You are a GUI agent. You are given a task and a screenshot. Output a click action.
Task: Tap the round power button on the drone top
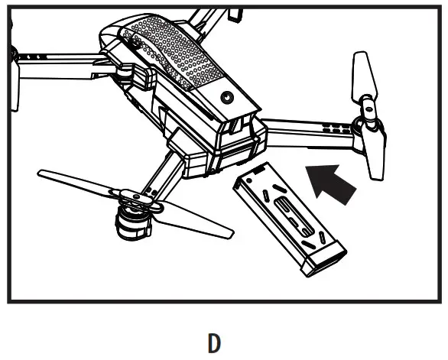(226, 97)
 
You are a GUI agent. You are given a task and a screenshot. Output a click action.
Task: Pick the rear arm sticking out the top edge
(200, 19)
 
